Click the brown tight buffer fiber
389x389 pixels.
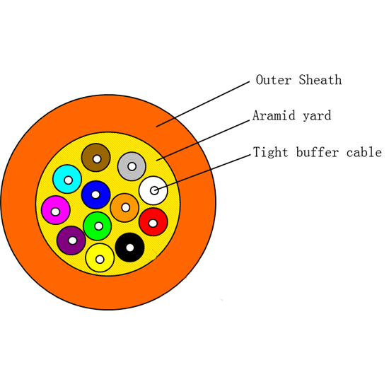pyautogui.click(x=95, y=158)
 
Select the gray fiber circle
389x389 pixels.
pyautogui.click(x=132, y=166)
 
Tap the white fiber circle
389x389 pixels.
pyautogui.click(x=153, y=190)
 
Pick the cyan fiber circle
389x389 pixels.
pyautogui.click(x=67, y=180)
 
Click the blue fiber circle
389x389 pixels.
pyautogui.click(x=95, y=194)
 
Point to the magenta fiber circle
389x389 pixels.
pyautogui.click(x=55, y=211)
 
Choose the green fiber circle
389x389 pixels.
pyautogui.click(x=98, y=226)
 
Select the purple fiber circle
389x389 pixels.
pyautogui.click(x=71, y=240)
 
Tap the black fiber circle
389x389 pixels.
pyautogui.click(x=129, y=247)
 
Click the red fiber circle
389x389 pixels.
pyautogui.click(x=153, y=222)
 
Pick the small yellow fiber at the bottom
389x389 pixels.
pyautogui.click(x=100, y=259)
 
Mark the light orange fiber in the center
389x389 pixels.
pyautogui.click(x=124, y=207)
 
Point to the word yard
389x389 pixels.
pyautogui.click(x=316, y=115)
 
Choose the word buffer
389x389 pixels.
pyautogui.click(x=318, y=152)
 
